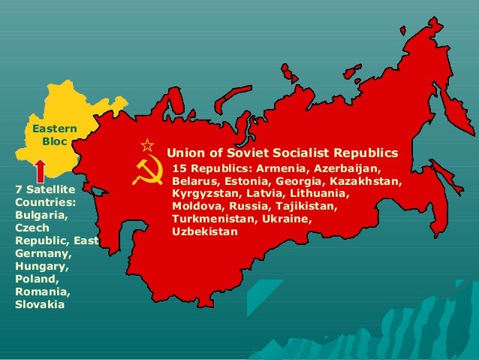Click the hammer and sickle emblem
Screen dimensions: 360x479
147,172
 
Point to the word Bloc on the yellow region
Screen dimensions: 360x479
54,141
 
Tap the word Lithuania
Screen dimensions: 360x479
315,193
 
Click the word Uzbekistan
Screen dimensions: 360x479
205,231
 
